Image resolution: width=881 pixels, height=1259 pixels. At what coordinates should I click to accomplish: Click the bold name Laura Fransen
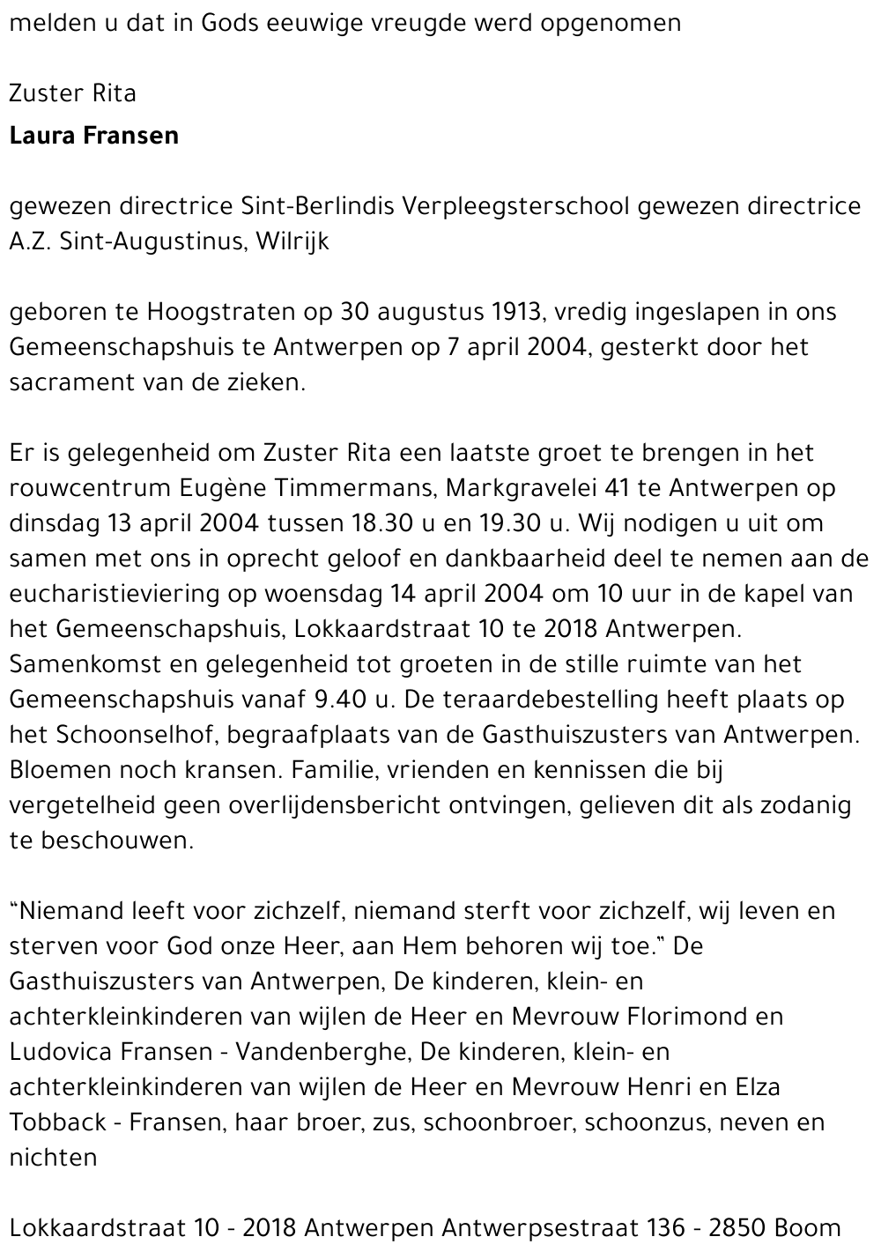pyautogui.click(x=93, y=136)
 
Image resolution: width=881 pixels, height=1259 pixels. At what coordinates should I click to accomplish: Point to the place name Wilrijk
pyautogui.click(x=292, y=241)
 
